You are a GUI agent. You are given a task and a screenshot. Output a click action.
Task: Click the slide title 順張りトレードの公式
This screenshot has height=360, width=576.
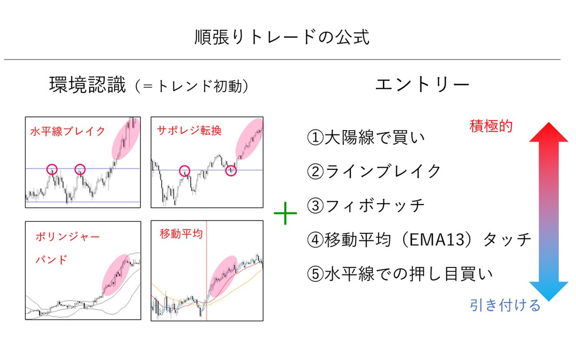pyautogui.click(x=282, y=37)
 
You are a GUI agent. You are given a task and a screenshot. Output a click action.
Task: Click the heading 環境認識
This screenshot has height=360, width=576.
pyautogui.click(x=87, y=86)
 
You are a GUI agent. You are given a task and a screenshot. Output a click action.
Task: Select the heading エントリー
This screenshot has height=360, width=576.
pyautogui.click(x=422, y=85)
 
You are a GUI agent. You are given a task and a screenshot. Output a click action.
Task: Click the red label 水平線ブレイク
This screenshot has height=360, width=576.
pyautogui.click(x=67, y=131)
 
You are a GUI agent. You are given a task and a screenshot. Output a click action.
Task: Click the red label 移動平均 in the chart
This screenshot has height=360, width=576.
pyautogui.click(x=181, y=234)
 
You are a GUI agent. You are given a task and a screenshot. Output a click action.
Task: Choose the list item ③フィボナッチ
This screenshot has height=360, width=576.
pyautogui.click(x=366, y=205)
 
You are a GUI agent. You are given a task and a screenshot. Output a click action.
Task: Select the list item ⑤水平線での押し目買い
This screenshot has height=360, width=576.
pyautogui.click(x=400, y=274)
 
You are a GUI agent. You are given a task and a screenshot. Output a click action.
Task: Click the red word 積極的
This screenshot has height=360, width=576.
pyautogui.click(x=491, y=127)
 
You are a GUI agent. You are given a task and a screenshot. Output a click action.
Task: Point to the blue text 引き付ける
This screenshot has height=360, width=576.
pyautogui.click(x=505, y=305)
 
